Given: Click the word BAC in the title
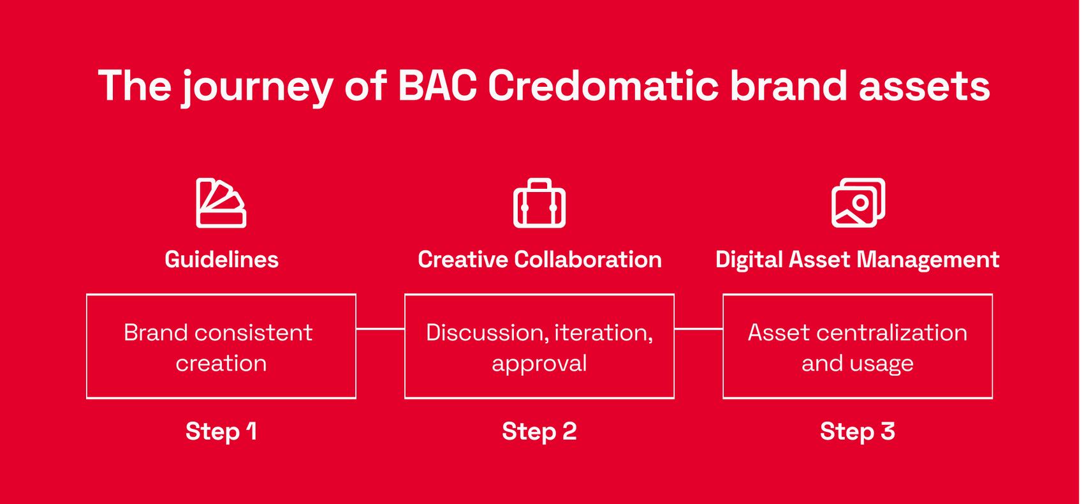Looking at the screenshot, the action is pos(437,85).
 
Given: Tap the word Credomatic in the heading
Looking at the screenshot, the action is pos(603,85).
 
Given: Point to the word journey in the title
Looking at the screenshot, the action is pos(257,88).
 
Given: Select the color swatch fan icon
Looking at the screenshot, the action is pos(221,203).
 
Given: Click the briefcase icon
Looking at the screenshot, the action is pos(539,203).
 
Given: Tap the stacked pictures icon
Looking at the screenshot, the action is pos(858,203).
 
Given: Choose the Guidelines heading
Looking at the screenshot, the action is pos(222,260).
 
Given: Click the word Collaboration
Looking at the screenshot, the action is pos(588,260).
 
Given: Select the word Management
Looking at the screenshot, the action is pos(928,260).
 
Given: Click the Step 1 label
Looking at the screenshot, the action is pos(221,431).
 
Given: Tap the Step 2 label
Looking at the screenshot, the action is pos(539,431).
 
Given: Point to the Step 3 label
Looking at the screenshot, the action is pos(858,431).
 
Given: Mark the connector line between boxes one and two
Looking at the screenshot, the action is pos(381,329).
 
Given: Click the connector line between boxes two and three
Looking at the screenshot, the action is pos(699,329).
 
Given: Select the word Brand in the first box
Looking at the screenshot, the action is pos(156,332).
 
